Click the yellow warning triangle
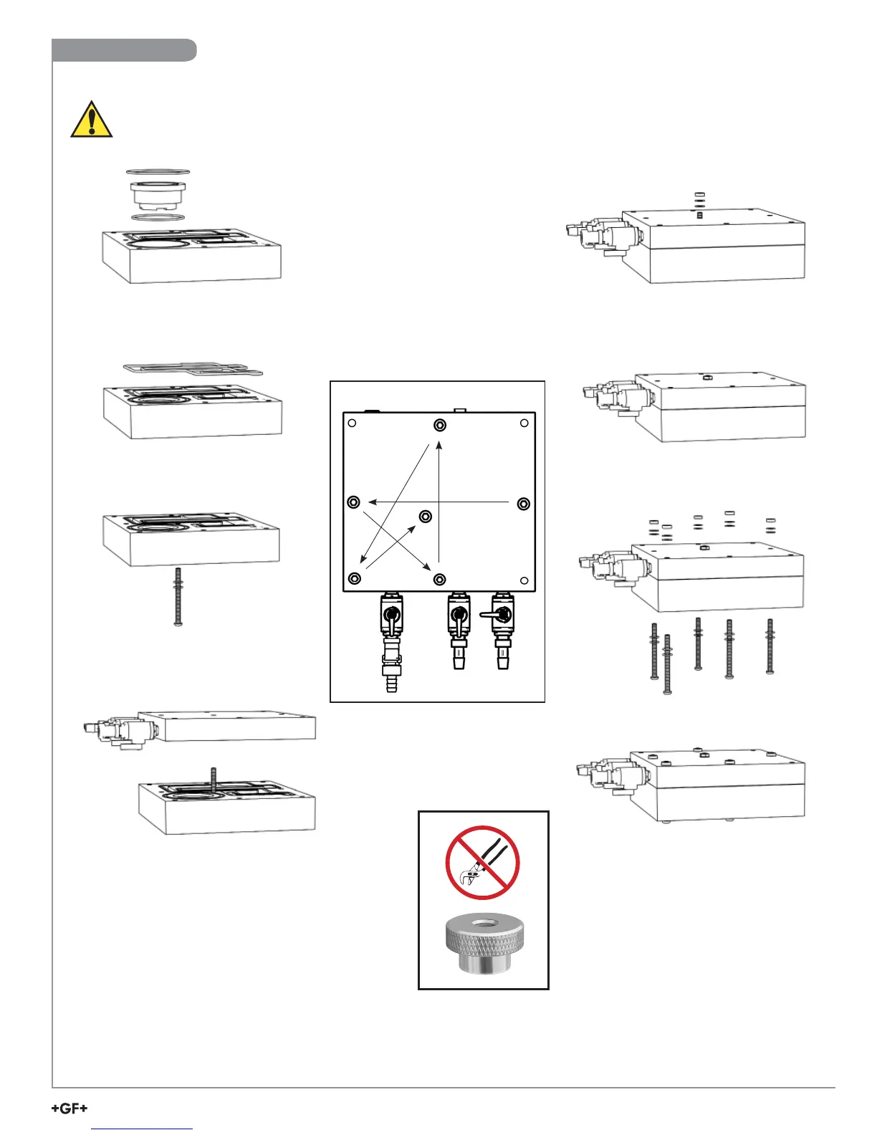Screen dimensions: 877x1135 pyautogui.click(x=91, y=120)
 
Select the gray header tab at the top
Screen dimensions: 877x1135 pyautogui.click(x=124, y=50)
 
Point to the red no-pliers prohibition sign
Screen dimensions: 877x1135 pyautogui.click(x=482, y=863)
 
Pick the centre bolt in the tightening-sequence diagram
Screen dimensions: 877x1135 pyautogui.click(x=426, y=517)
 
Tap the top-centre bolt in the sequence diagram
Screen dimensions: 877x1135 pyautogui.click(x=440, y=426)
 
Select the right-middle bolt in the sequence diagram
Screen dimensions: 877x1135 pyautogui.click(x=524, y=504)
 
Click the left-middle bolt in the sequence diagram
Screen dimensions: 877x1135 pyautogui.click(x=353, y=502)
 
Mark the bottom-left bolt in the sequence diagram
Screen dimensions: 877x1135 pyautogui.click(x=354, y=578)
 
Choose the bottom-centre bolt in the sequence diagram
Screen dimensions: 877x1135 pyautogui.click(x=440, y=579)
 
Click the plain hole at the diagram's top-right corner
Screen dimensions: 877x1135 pyautogui.click(x=524, y=423)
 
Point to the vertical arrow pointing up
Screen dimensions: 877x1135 pyautogui.click(x=439, y=502)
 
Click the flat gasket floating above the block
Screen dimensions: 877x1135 pyautogui.click(x=192, y=369)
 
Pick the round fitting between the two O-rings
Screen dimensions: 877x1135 pyautogui.click(x=158, y=195)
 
